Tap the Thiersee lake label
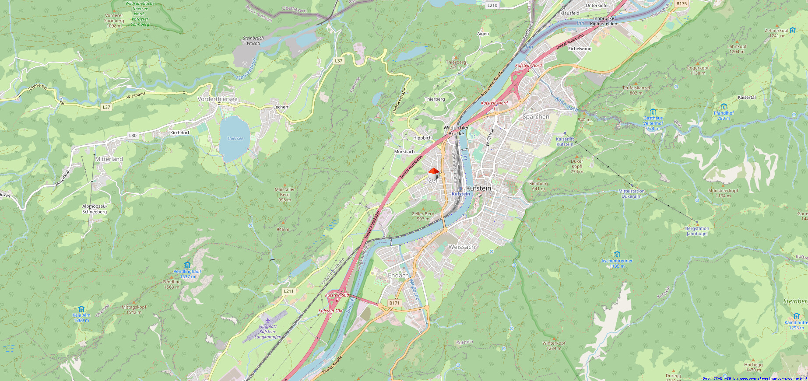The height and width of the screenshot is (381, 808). [x=235, y=139]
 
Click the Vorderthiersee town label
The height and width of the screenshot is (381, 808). [x=218, y=99]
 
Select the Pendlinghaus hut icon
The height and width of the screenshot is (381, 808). [x=187, y=265]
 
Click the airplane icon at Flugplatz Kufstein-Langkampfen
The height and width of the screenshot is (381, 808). [x=267, y=320]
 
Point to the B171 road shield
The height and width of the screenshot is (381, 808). [x=394, y=303]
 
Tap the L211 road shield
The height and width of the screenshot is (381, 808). [x=288, y=291]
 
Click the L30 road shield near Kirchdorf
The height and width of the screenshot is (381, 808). [x=133, y=136]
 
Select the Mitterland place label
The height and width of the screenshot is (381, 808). [x=109, y=159]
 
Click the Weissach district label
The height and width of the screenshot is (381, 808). [x=461, y=247]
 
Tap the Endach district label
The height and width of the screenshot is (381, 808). [x=398, y=276]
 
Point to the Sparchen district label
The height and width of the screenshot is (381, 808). [x=536, y=117]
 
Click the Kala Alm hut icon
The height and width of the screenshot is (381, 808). [x=81, y=309]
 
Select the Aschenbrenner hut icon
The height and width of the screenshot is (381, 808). [x=617, y=255]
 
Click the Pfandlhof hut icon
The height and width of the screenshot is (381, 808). [x=724, y=107]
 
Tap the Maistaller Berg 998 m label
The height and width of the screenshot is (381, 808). [x=285, y=195]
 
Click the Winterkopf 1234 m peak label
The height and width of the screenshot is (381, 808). [x=554, y=346]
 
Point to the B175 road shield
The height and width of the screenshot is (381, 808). [x=682, y=3]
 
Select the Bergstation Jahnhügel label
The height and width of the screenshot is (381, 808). [x=697, y=231]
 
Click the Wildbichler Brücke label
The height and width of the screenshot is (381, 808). [x=456, y=130]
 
